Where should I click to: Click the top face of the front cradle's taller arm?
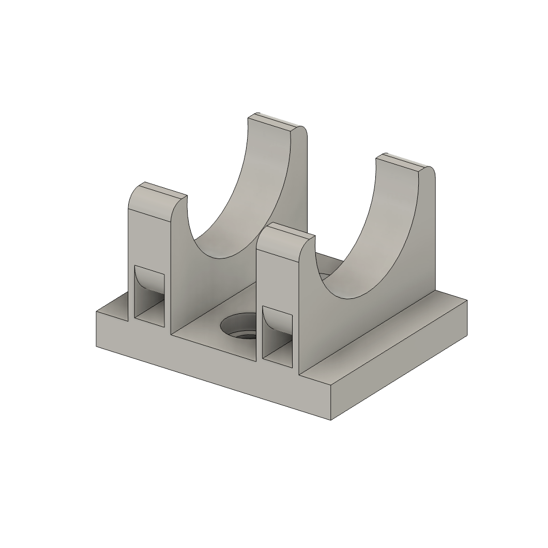(403, 162)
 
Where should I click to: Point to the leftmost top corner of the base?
(96, 312)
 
